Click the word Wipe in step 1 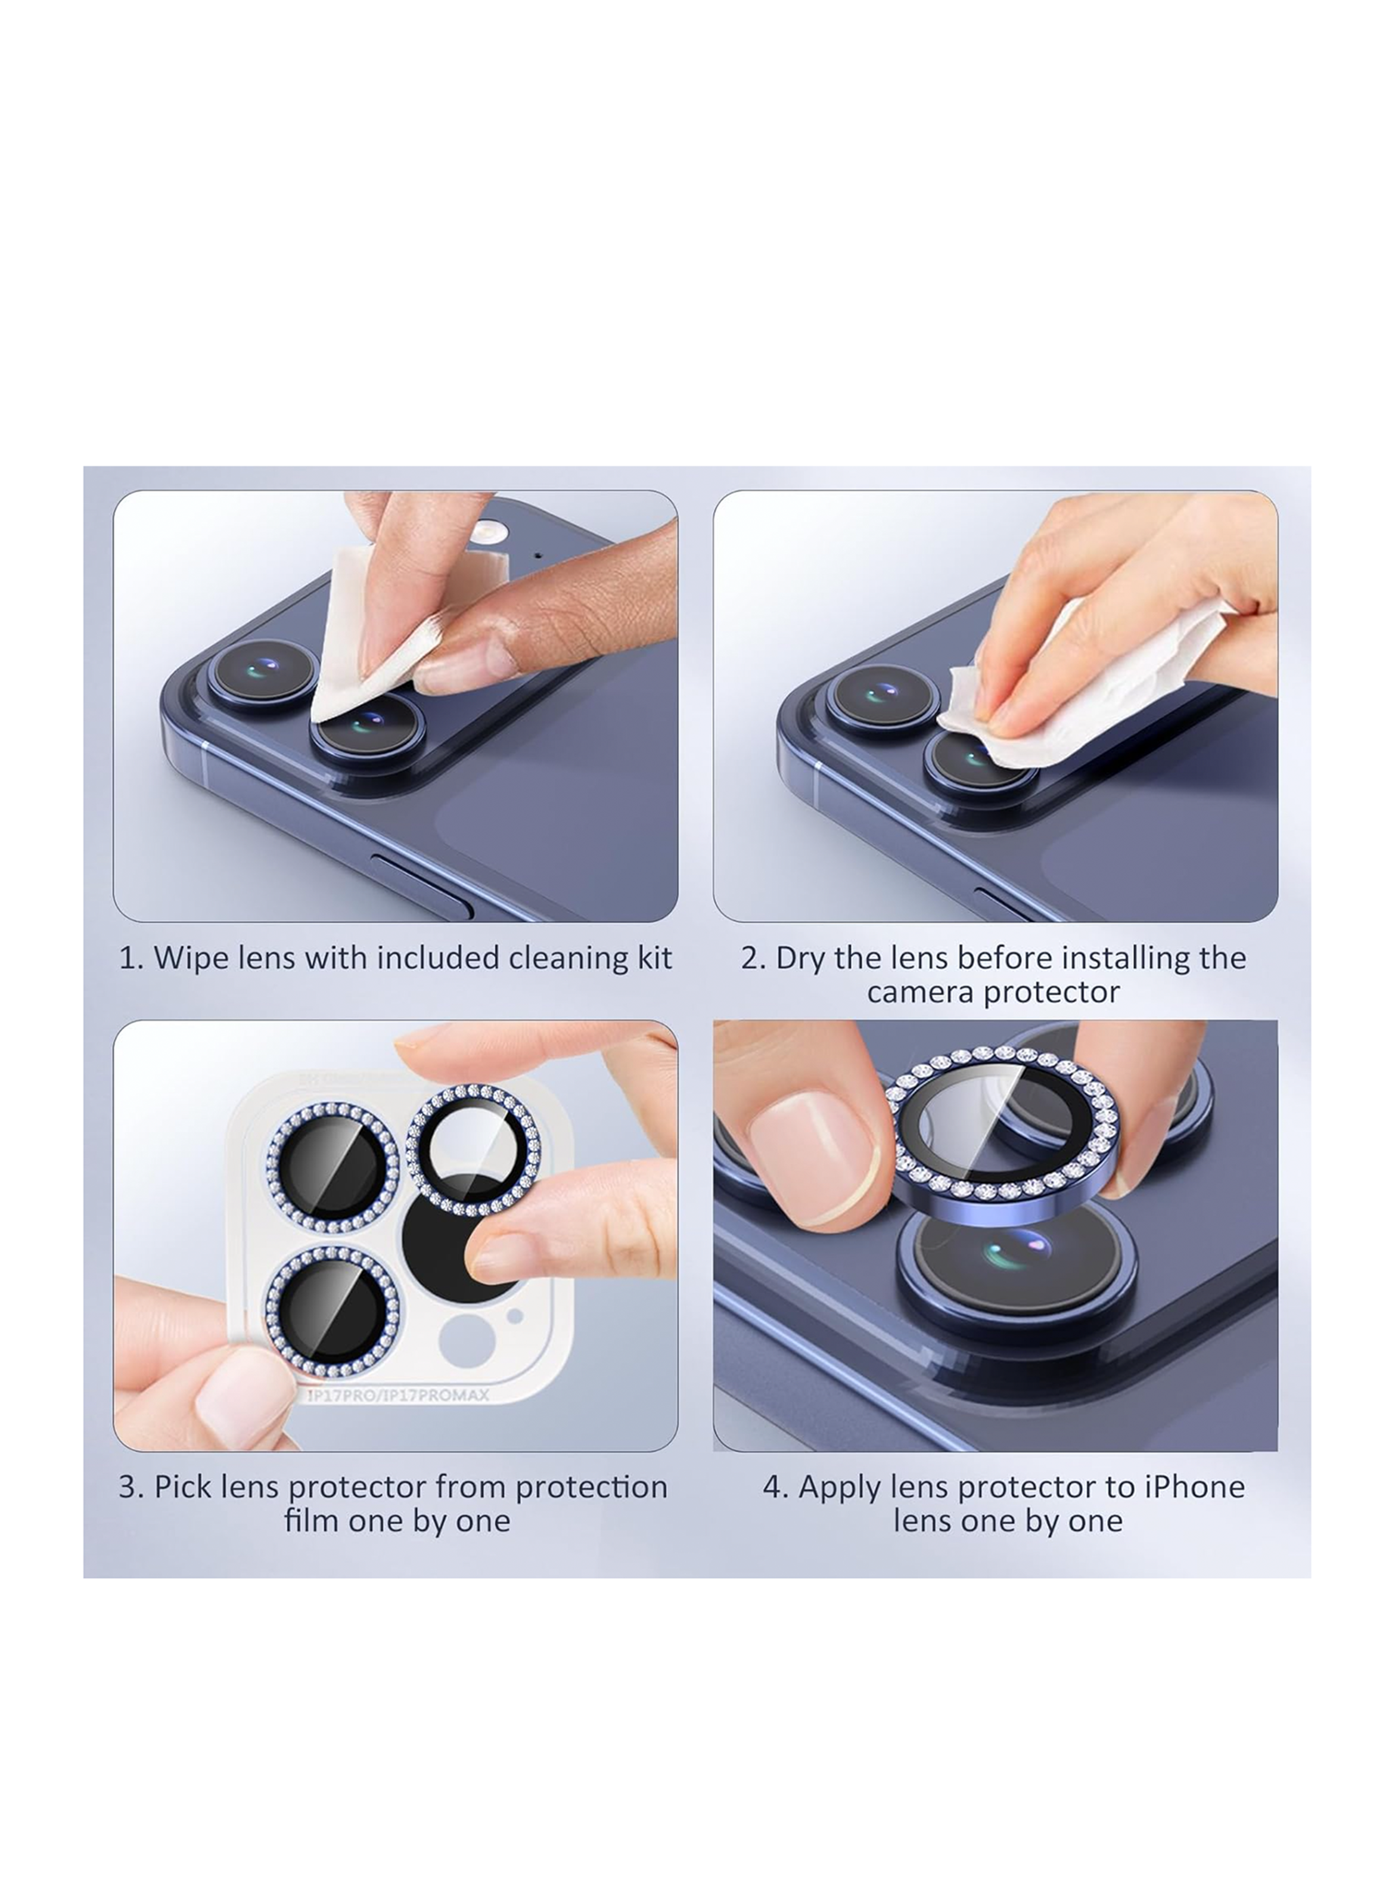pyautogui.click(x=179, y=958)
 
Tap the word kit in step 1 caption pyautogui.click(x=653, y=958)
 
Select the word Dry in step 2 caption pyautogui.click(x=800, y=959)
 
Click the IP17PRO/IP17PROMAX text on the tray pyautogui.click(x=397, y=1397)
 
